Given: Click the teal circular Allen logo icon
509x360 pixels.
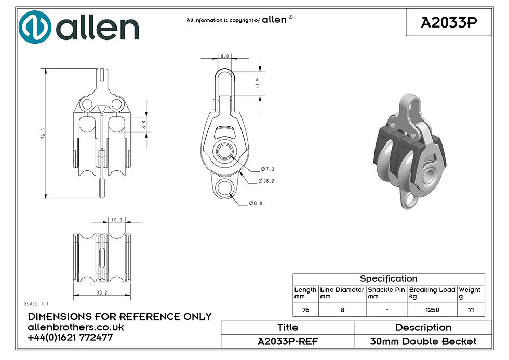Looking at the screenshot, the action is click(x=35, y=27).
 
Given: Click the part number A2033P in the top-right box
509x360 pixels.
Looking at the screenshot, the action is click(x=449, y=22).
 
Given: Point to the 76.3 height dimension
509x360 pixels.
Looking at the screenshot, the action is click(x=43, y=134).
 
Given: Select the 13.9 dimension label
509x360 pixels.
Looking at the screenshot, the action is click(x=258, y=84).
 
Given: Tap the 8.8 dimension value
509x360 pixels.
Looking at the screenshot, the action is click(x=144, y=125).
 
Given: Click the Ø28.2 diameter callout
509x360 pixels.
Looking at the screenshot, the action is click(x=266, y=181).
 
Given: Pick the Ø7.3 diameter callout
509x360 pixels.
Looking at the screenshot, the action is click(x=267, y=169).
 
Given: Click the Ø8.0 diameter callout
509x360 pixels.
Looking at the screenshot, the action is click(x=256, y=203).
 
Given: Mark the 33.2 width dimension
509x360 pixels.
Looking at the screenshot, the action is click(x=102, y=292).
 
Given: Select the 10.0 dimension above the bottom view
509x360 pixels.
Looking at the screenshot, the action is click(x=117, y=220).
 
